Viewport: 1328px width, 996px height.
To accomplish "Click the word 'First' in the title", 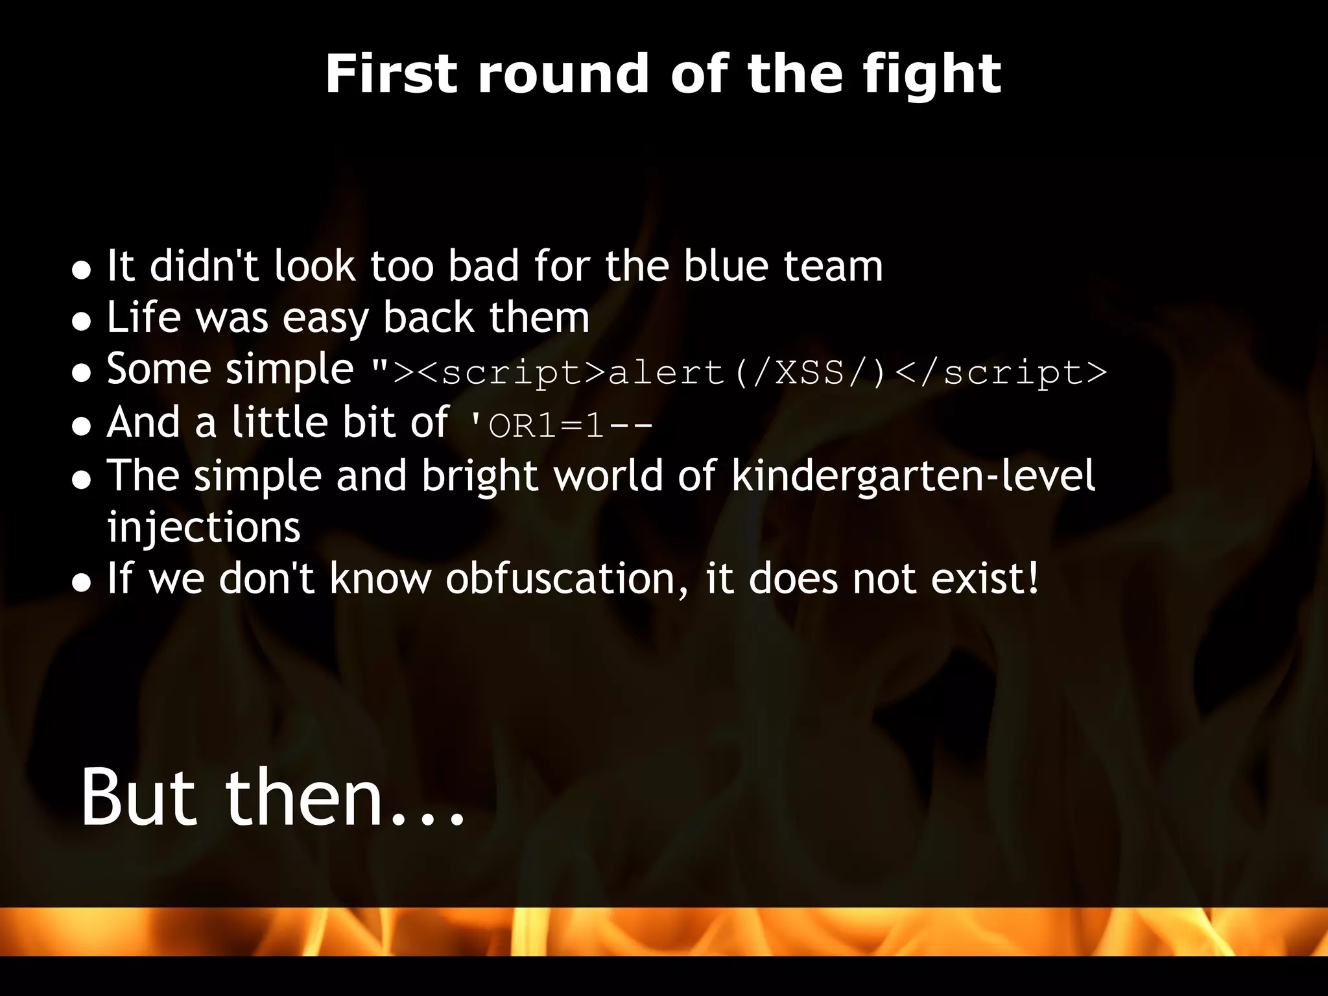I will tap(390, 74).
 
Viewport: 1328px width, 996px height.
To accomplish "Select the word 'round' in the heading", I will tap(562, 74).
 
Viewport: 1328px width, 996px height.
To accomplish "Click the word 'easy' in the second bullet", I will tap(325, 319).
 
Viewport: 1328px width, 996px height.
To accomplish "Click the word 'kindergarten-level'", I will tap(913, 476).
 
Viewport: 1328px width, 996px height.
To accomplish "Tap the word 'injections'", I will tap(204, 528).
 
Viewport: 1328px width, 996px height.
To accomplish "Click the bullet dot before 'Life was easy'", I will tap(81, 321).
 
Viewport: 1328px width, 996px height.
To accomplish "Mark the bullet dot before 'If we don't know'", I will tap(81, 582).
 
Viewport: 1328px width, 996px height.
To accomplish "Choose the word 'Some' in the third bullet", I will tap(158, 370).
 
